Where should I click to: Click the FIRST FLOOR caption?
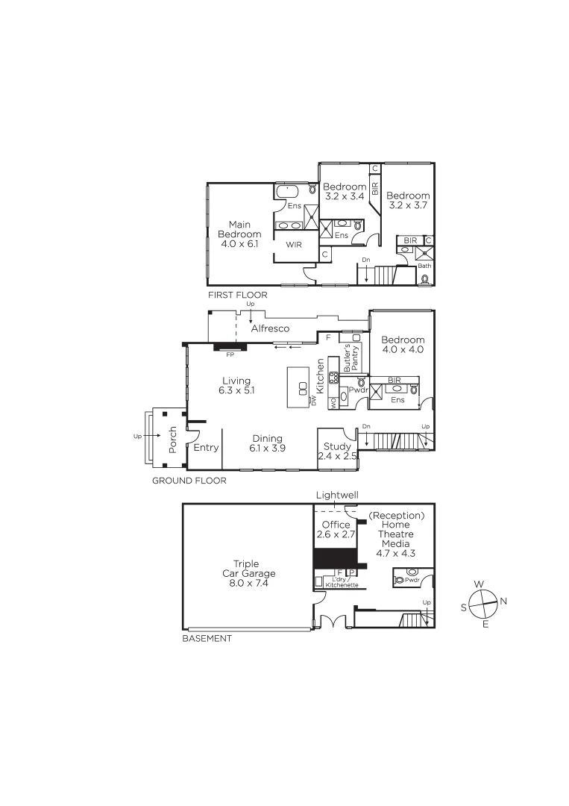[237, 295]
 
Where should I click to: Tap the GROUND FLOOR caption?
[189, 481]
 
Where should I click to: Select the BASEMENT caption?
[207, 638]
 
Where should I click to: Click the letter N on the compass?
[503, 600]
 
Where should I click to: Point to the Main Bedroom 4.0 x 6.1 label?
[239, 234]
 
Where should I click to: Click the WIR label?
[292, 243]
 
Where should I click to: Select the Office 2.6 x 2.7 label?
[336, 530]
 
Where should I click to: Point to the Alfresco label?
[270, 328]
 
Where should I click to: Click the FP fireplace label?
[230, 354]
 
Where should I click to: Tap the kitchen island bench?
[302, 387]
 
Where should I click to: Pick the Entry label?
[205, 448]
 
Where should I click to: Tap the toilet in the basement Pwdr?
[400, 579]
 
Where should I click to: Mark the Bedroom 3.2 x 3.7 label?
[408, 200]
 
